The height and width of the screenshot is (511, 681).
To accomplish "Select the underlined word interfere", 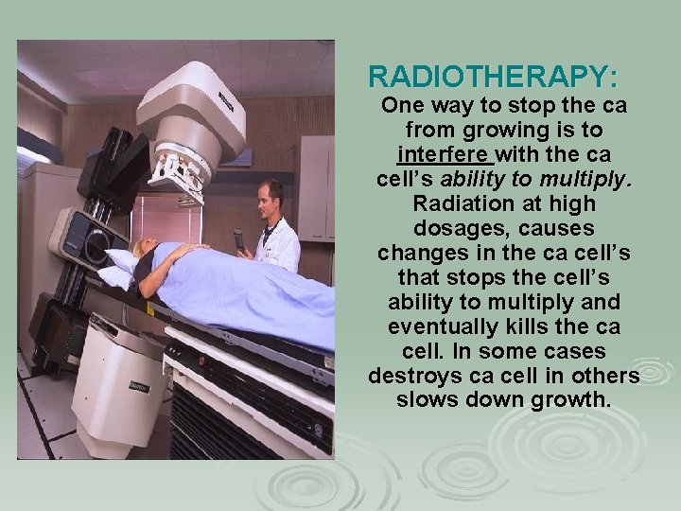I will point(438,153).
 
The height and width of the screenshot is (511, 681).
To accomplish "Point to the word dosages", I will point(452,229).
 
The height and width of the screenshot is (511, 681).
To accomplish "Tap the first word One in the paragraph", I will point(403,104).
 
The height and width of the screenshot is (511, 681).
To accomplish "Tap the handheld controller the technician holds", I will point(238,240).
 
